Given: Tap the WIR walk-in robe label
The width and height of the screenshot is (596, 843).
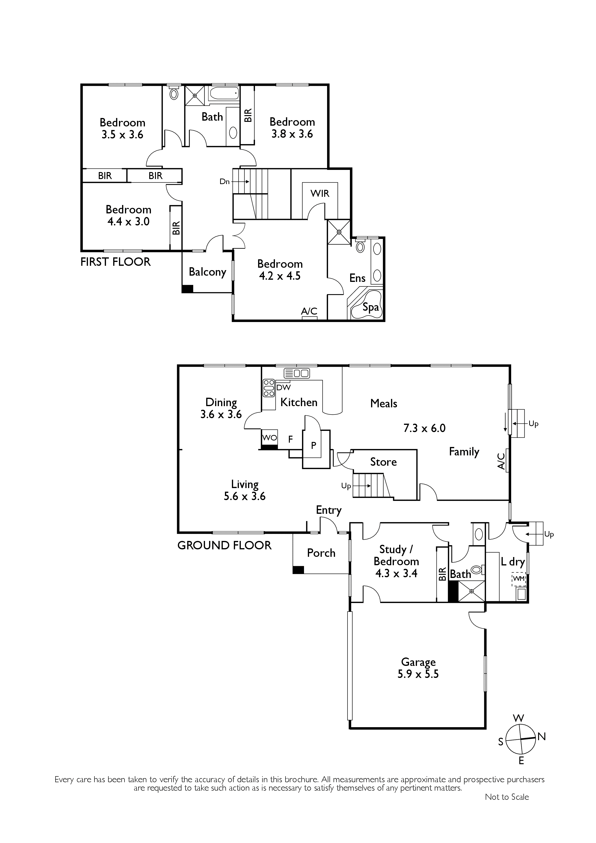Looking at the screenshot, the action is point(320,193).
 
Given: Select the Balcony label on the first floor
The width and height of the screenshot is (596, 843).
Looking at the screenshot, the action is point(207,272).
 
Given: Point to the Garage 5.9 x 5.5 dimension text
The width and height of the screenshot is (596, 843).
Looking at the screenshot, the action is point(418,674).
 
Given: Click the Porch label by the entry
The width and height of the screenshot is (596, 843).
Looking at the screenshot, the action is point(321,553).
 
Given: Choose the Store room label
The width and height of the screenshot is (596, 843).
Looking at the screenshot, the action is point(383,462).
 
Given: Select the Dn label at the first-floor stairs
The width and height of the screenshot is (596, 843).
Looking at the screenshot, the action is point(224,181).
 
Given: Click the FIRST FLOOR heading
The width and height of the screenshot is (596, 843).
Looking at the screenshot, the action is point(116,262).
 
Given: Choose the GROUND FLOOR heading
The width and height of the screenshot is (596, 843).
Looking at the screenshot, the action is point(224,545).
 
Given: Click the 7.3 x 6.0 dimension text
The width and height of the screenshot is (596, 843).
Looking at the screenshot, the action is point(424,428).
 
